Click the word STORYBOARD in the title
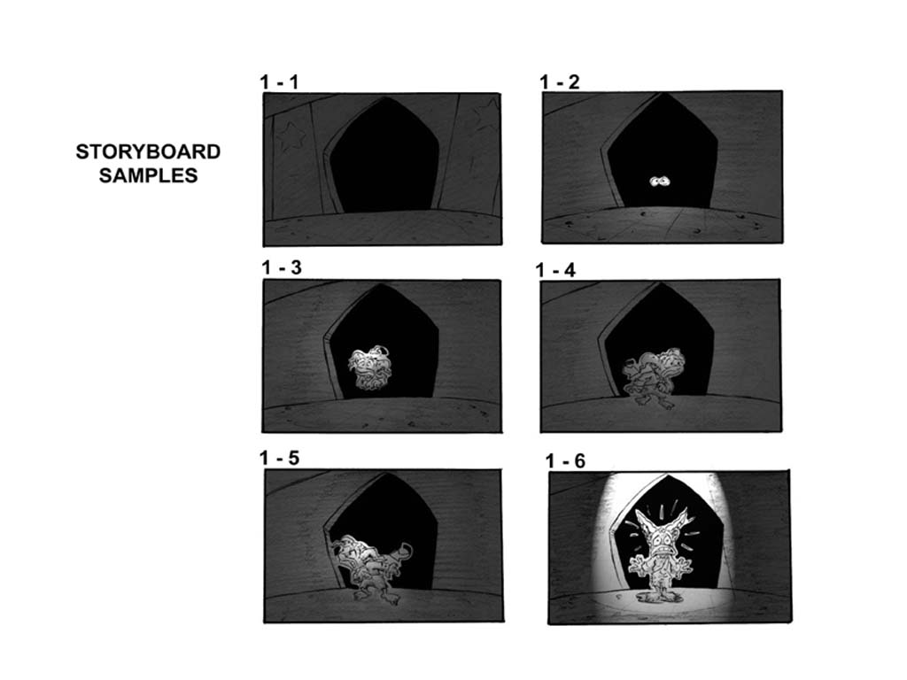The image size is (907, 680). point(148,152)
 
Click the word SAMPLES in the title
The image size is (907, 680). point(148,175)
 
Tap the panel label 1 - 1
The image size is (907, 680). point(279,82)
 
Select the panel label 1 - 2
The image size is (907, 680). point(560,82)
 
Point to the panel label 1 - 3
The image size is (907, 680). point(282,267)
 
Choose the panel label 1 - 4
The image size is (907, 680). point(555,270)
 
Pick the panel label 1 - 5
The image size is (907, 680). point(279,458)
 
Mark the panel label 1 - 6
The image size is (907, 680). point(565,460)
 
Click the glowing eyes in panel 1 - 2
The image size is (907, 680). point(660,182)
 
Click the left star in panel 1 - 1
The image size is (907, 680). point(291,137)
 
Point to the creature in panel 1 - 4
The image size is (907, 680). point(655,376)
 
